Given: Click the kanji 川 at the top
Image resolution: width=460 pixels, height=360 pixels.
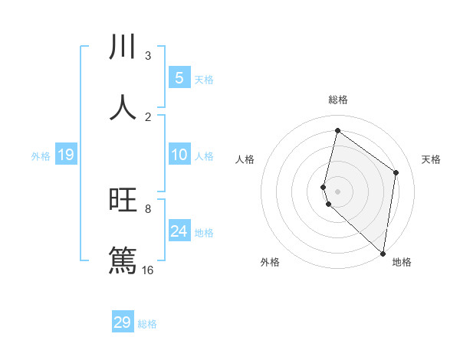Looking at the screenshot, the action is click(123, 47).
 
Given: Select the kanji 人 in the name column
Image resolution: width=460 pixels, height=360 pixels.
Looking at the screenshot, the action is click(123, 107).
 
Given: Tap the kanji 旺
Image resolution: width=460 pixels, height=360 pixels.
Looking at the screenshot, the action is click(123, 200).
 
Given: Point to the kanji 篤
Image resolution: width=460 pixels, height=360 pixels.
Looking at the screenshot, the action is click(123, 260).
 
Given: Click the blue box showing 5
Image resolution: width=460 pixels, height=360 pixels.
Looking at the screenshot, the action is click(179, 77).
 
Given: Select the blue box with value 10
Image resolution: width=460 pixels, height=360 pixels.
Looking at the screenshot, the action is click(179, 155).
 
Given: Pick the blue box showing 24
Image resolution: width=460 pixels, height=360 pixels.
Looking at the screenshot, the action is click(179, 231).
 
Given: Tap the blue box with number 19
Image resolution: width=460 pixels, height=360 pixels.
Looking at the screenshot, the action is click(65, 155).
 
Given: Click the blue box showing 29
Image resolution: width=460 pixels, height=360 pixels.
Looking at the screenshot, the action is click(123, 322).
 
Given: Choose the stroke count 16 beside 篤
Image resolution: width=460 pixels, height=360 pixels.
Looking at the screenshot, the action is click(148, 270).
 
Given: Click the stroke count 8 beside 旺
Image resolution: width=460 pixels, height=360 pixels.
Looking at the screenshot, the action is click(148, 208).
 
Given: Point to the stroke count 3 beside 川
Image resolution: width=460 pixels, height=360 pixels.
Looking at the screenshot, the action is click(148, 56).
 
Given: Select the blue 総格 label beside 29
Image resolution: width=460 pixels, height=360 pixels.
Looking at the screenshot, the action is click(147, 324).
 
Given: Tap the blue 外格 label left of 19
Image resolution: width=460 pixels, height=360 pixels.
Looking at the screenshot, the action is click(41, 156).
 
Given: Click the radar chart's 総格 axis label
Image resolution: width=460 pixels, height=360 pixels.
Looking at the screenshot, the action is click(337, 100).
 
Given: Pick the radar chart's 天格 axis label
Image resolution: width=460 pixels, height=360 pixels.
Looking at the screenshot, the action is click(432, 159).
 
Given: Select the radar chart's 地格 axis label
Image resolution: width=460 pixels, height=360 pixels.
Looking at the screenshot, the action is click(402, 262).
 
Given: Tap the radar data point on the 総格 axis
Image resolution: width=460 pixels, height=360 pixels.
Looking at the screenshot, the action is click(337, 130).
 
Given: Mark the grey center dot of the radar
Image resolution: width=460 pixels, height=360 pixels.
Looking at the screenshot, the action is click(337, 191).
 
